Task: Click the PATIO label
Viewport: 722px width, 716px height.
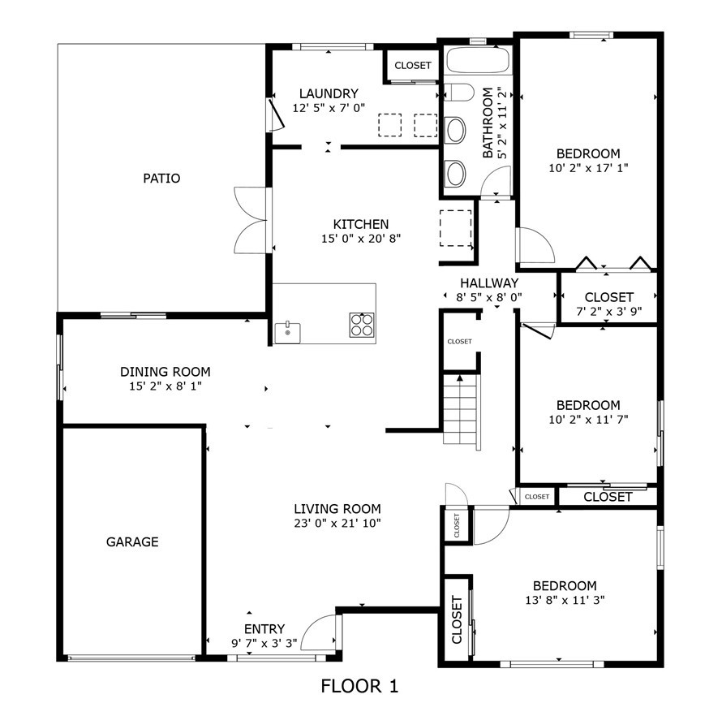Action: pyautogui.click(x=161, y=179)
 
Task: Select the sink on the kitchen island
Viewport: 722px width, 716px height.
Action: pyautogui.click(x=287, y=330)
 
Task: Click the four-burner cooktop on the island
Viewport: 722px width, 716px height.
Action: pyautogui.click(x=362, y=325)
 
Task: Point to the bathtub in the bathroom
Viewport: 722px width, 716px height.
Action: pyautogui.click(x=478, y=60)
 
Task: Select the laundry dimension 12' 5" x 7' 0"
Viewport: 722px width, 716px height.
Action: pyautogui.click(x=329, y=107)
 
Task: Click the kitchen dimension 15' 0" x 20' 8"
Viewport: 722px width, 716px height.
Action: pyautogui.click(x=361, y=238)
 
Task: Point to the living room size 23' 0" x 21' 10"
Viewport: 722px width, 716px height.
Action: pyautogui.click(x=337, y=523)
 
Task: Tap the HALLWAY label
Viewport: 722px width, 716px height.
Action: pyautogui.click(x=489, y=283)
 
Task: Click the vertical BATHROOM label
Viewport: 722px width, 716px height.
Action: pyautogui.click(x=488, y=123)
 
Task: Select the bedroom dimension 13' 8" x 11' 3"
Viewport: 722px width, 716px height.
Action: pyautogui.click(x=565, y=600)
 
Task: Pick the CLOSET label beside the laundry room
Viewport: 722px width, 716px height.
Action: pyautogui.click(x=413, y=66)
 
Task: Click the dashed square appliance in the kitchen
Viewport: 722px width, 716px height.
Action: pyautogui.click(x=455, y=227)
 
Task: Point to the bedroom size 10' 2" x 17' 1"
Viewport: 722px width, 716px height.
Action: pyautogui.click(x=588, y=167)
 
